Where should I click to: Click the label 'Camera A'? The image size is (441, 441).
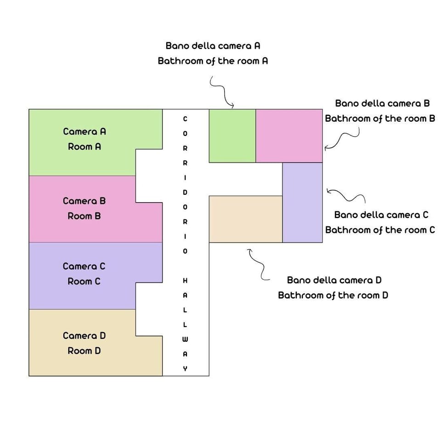(85, 131)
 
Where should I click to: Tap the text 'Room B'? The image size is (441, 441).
(84, 216)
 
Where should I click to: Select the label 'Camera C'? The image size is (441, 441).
(84, 266)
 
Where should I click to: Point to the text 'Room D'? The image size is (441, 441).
(84, 351)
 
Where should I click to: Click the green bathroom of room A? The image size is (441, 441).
(232, 136)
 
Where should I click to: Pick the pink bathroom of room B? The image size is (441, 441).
(289, 136)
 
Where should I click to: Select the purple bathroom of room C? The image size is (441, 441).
(302, 202)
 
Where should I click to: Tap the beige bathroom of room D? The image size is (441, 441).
(245, 219)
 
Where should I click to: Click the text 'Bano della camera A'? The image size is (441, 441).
(213, 46)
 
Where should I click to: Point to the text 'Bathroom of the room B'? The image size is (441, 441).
(380, 119)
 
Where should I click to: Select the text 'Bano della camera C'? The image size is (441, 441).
(381, 215)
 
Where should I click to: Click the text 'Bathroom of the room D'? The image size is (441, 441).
(333, 295)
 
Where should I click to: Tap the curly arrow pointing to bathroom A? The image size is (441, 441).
(222, 92)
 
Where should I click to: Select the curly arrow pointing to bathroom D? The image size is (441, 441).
(257, 264)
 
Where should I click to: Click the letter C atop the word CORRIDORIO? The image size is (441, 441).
(185, 119)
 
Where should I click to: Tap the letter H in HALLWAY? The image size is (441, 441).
(185, 280)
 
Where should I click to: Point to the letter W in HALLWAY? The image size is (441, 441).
(185, 339)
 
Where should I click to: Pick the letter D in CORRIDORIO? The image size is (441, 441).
(185, 192)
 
